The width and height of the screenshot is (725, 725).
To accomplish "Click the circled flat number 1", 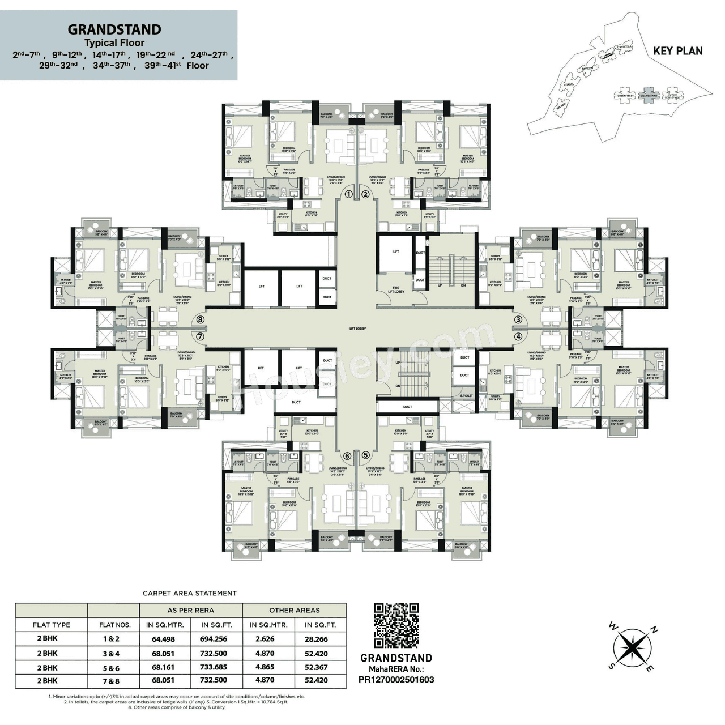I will (349, 194).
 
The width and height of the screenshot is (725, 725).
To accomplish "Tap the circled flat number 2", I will (365, 194).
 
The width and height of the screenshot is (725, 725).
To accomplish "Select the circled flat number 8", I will (200, 319).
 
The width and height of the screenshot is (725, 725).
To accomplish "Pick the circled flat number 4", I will (518, 336).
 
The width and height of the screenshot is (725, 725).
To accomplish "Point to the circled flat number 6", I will (347, 455).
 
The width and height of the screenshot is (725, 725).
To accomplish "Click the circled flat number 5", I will (365, 455).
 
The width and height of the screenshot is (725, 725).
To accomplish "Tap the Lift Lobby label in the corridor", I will (358, 329).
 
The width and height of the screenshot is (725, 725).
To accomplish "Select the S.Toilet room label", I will (466, 396).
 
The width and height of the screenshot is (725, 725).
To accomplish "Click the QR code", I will (396, 625).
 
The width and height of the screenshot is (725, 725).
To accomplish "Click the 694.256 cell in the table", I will (214, 639).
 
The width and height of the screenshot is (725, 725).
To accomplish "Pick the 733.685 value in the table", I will (214, 667).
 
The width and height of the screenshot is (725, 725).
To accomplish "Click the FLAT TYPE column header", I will (52, 625).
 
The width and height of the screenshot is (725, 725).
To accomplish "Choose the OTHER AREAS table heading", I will (295, 610).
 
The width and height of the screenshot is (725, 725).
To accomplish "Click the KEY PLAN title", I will (677, 50).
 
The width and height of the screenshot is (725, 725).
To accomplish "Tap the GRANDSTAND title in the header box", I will (114, 29).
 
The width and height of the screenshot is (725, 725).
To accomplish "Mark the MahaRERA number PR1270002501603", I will (396, 679).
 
